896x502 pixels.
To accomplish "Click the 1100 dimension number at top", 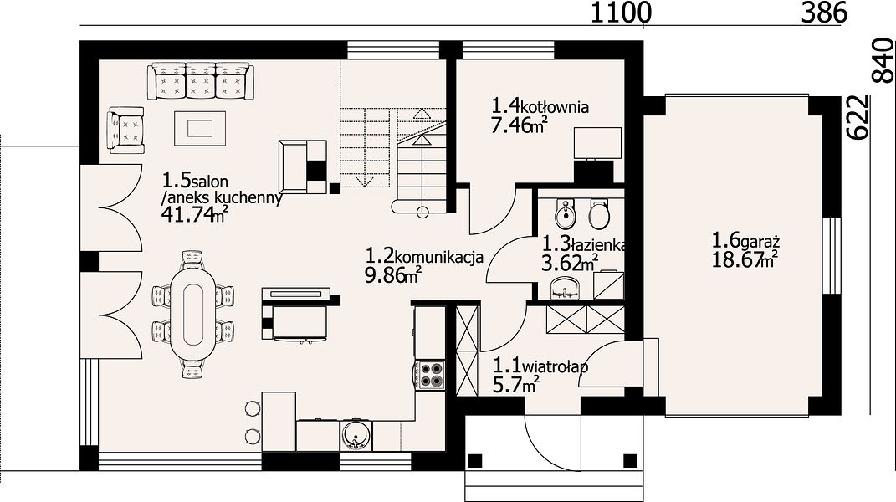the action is (x=621, y=12).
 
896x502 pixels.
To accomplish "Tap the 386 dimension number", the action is (x=824, y=12).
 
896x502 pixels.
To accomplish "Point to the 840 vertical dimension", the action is (x=883, y=61).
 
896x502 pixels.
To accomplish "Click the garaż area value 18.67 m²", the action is (x=745, y=259).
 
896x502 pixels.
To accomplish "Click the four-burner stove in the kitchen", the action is (x=430, y=375).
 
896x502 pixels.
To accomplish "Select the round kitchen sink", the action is (x=357, y=436).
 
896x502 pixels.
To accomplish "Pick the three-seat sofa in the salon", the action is (x=201, y=81).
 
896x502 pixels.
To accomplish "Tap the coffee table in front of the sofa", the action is (x=199, y=128).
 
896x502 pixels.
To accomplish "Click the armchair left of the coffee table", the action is (x=125, y=130).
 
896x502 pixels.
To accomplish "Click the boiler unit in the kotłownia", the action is (x=597, y=143).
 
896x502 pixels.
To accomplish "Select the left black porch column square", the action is (x=475, y=460).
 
